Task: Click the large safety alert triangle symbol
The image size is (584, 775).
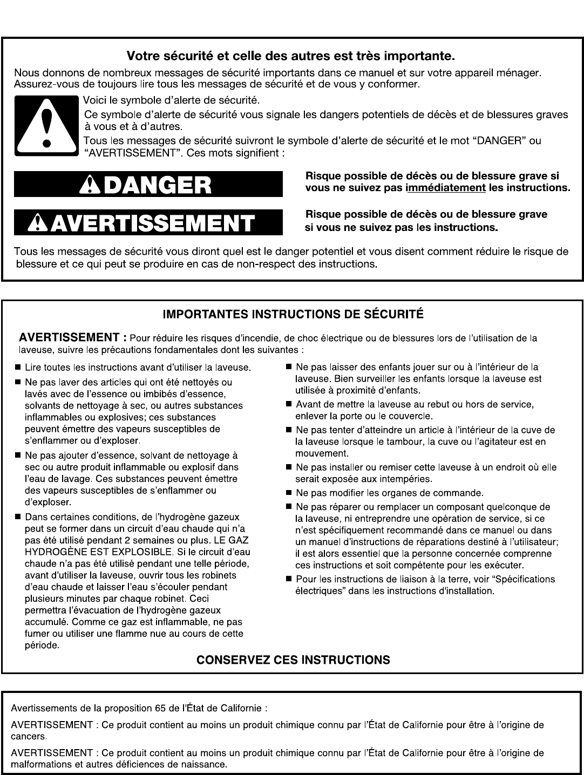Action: tap(46, 126)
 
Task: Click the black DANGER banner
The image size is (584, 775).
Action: tap(148, 185)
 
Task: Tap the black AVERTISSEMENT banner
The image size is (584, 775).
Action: tap(148, 222)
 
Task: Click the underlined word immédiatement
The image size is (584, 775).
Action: tap(445, 188)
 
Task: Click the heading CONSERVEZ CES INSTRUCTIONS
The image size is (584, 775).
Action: tap(293, 660)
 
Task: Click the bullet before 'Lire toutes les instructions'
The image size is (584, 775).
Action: tap(18, 368)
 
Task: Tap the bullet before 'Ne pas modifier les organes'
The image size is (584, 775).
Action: tap(289, 493)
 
